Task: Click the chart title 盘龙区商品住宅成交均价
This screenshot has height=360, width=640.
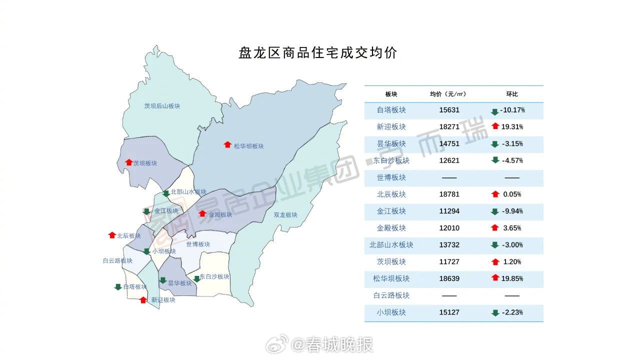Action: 318,53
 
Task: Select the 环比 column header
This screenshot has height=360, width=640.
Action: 512,94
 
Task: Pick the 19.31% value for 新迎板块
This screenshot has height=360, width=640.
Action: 512,127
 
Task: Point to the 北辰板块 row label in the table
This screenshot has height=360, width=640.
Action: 391,194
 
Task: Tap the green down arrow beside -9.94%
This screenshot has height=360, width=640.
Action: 495,211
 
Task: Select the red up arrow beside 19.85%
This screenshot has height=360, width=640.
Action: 495,278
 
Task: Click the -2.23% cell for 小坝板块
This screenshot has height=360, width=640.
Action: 512,312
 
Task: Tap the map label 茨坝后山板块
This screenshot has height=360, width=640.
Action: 162,106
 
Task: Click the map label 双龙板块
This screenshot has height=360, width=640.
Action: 285,215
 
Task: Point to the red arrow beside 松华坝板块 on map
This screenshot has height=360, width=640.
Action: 227,145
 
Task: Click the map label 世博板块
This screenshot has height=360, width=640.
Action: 198,244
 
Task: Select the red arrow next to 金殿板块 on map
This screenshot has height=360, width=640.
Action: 202,214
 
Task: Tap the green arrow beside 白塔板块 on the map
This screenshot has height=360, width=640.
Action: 118,287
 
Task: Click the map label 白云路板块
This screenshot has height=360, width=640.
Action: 117,261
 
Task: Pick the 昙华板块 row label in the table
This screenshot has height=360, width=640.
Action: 391,144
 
